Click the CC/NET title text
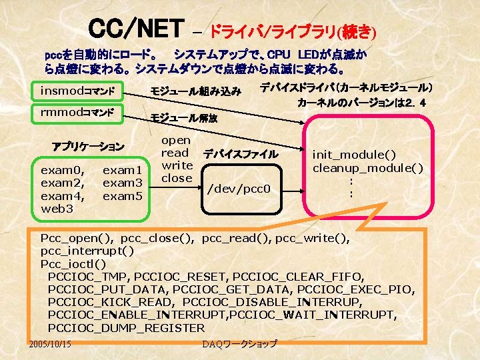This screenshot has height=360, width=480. [x=136, y=29]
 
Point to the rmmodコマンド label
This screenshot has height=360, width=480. [x=77, y=111]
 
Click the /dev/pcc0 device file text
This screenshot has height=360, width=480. [x=239, y=189]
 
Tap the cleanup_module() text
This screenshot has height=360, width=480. [x=368, y=167]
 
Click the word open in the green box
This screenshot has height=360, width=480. [x=176, y=141]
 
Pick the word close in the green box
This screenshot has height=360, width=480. [x=177, y=178]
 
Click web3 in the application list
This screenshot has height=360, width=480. [x=57, y=209]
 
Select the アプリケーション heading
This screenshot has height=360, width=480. [x=88, y=146]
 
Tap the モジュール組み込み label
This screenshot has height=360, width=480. [x=195, y=91]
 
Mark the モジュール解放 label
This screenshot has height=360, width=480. [x=184, y=118]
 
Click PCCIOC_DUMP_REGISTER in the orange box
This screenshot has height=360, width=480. [x=127, y=328]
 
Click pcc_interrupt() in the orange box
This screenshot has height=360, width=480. [x=87, y=251]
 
